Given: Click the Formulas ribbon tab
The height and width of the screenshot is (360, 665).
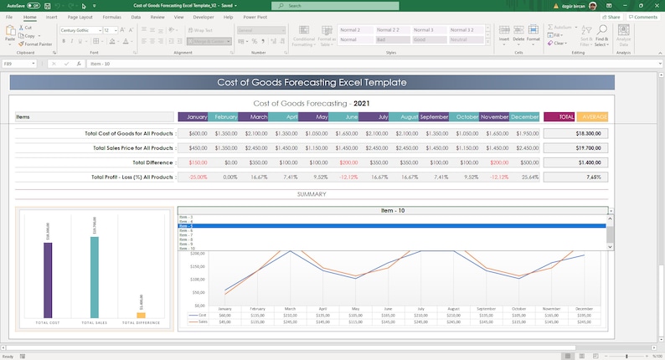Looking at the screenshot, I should pyautogui.click(x=111, y=16).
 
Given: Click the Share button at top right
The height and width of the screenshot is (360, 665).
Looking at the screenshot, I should pyautogui.click(x=612, y=16).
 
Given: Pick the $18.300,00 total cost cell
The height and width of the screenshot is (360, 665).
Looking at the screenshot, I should pyautogui.click(x=588, y=133).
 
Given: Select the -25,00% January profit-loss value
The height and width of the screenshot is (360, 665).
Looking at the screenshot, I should pyautogui.click(x=198, y=177).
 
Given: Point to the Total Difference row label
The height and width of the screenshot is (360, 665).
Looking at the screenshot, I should pyautogui.click(x=152, y=162).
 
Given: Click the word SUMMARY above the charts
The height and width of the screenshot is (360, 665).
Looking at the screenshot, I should pyautogui.click(x=312, y=194).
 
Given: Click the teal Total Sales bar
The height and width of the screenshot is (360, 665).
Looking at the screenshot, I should pyautogui.click(x=94, y=277).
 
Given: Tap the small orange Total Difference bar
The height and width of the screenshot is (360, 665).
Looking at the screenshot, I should pyautogui.click(x=141, y=315).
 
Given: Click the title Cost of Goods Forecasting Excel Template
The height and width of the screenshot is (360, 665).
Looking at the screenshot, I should pyautogui.click(x=312, y=83).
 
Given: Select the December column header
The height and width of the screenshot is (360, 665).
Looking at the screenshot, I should pyautogui.click(x=524, y=117).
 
